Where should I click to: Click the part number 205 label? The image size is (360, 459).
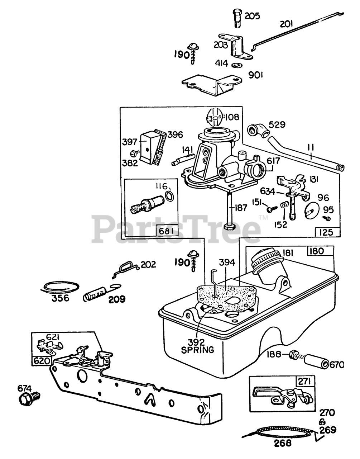click(253, 16)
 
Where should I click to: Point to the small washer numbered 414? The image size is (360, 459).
click(236, 65)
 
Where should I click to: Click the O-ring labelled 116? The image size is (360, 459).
click(171, 196)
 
